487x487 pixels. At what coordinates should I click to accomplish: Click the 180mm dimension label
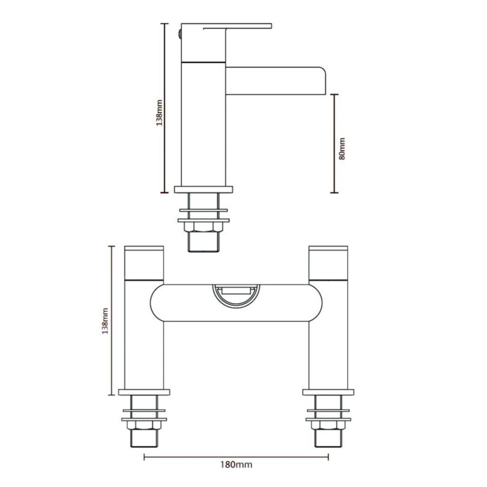click(x=236, y=465)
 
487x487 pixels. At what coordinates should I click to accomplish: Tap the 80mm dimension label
click(x=341, y=149)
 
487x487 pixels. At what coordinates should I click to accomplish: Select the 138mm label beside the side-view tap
click(x=159, y=113)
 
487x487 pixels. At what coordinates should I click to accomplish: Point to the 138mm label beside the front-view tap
click(x=105, y=321)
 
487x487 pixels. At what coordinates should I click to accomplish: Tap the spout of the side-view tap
click(x=276, y=81)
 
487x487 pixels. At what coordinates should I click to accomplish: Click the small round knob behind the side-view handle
click(x=179, y=34)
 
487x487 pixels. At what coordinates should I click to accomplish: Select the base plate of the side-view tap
click(x=204, y=189)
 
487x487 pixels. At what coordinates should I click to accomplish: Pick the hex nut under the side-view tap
click(x=204, y=227)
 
